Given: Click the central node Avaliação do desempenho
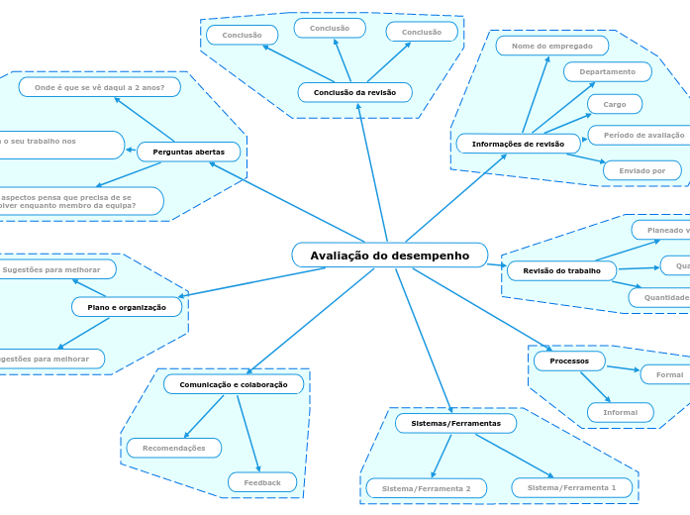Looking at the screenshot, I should click(389, 256).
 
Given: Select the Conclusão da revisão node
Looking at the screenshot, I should click(354, 92).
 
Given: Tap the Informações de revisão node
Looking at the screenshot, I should click(518, 144).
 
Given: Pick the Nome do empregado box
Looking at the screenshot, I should click(551, 46).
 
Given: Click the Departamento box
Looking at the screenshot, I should click(607, 71).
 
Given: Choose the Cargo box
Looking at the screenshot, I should click(614, 104).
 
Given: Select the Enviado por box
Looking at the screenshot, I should click(641, 170).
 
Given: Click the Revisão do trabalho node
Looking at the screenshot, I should click(561, 270).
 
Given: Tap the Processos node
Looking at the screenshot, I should click(569, 360).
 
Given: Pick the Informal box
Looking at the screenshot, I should click(620, 412).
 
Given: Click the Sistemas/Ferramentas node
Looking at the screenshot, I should click(455, 423).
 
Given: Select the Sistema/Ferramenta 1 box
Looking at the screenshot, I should click(571, 487).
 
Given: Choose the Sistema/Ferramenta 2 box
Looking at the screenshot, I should click(426, 488).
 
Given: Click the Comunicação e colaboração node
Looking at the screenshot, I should click(234, 384).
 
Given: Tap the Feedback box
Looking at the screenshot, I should click(262, 482).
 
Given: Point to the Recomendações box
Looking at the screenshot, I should click(174, 448).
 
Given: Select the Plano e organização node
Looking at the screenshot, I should click(127, 307).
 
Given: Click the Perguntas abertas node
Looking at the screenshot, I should click(188, 152).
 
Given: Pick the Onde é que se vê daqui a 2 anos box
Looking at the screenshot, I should click(99, 87).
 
